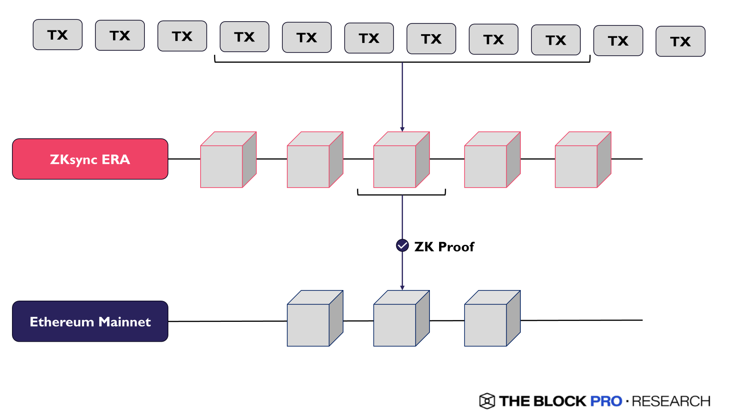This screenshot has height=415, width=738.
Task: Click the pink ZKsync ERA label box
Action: (x=90, y=159)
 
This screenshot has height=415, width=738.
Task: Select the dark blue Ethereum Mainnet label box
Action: (x=90, y=321)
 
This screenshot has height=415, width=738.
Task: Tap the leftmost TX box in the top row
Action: (x=58, y=35)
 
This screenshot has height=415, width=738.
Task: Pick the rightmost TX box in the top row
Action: (x=680, y=41)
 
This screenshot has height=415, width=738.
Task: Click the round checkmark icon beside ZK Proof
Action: (x=402, y=245)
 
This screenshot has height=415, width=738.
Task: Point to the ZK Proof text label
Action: (x=444, y=247)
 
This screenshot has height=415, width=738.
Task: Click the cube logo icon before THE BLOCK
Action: (x=487, y=401)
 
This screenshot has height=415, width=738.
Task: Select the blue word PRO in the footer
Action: (x=606, y=401)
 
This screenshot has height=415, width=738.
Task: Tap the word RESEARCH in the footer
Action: (x=671, y=401)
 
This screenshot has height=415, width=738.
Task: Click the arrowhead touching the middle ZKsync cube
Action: (x=402, y=130)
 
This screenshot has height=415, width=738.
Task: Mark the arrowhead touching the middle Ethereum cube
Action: (x=402, y=288)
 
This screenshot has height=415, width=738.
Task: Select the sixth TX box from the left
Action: (x=369, y=38)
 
